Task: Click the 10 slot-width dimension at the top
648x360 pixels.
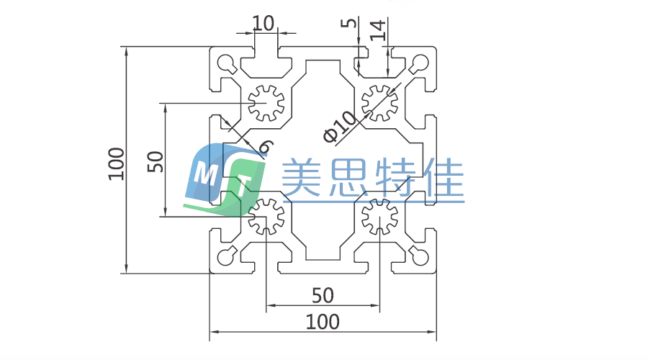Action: coord(264,23)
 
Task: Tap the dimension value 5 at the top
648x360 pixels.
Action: coord(351,24)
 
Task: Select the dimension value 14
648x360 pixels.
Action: coord(377,30)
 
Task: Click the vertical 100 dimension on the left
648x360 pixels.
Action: coord(117,163)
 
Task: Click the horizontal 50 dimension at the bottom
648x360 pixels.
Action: coord(323,295)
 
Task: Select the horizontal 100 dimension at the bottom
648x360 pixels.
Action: coord(323,321)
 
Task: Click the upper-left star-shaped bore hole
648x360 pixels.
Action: coord(266,103)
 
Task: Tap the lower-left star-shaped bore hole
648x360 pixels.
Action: coord(266,215)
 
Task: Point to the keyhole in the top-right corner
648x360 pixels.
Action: coord(419,63)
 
